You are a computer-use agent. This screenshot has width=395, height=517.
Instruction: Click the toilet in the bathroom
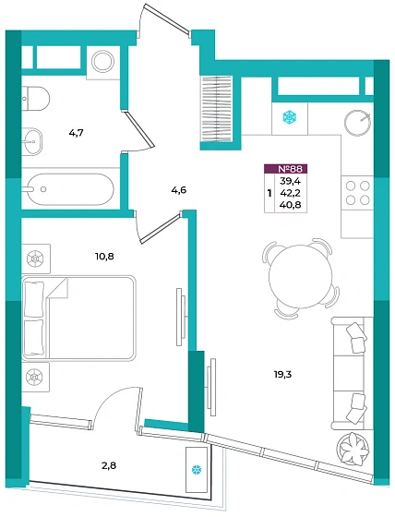[36, 98]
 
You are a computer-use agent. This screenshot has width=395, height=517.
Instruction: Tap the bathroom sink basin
[32, 141]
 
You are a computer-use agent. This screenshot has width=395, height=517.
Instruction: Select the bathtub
[70, 189]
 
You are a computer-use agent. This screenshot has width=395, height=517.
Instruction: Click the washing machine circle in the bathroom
[102, 62]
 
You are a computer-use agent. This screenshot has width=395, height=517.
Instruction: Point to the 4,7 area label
[76, 133]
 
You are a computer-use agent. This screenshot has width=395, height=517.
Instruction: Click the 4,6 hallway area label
[179, 190]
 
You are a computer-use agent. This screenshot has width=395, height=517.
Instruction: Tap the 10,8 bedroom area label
[104, 257]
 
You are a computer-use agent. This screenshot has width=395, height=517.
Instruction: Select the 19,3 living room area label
[283, 374]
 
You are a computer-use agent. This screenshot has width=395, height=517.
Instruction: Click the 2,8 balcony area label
[109, 465]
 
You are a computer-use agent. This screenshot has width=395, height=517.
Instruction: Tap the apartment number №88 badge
[286, 169]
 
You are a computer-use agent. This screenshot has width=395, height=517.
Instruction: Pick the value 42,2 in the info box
[289, 193]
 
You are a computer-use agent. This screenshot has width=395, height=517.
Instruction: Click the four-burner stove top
[357, 193]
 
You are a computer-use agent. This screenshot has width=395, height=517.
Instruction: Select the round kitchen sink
[357, 122]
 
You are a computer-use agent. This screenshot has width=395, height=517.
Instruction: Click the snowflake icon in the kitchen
[290, 116]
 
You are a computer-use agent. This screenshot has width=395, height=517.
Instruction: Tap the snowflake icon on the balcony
[197, 470]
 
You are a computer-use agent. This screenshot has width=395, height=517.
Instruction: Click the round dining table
[300, 276]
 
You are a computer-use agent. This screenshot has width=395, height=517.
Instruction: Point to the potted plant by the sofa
[353, 448]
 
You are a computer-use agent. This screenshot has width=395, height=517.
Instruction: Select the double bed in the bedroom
[79, 318]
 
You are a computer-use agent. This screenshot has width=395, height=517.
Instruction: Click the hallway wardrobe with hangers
[217, 108]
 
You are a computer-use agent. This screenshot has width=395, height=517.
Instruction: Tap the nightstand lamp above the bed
[36, 258]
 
